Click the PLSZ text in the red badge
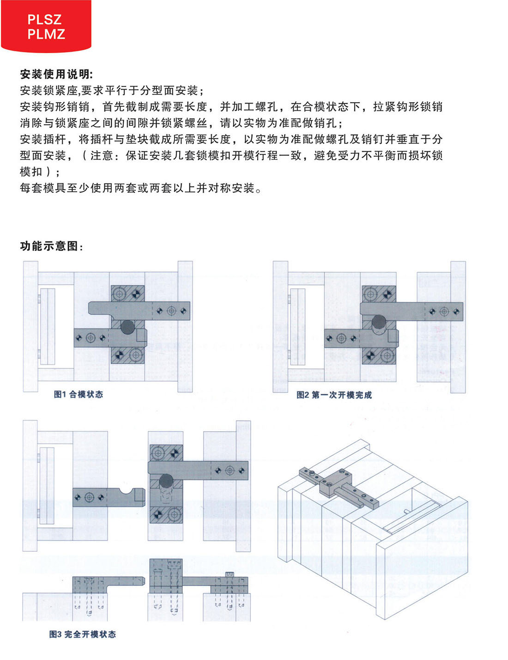[45, 20]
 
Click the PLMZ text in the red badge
[46, 34]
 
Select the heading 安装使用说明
[56, 74]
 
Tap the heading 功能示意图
[51, 246]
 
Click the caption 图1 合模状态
[79, 394]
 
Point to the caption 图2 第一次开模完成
[334, 395]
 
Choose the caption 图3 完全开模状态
[83, 634]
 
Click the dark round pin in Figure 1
[127, 327]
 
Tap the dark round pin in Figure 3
[166, 481]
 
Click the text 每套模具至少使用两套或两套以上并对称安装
[141, 188]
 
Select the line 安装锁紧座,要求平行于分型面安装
[112, 91]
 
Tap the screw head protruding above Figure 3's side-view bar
[230, 574]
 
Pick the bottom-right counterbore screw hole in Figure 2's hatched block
[387, 355]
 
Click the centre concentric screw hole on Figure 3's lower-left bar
[90, 497]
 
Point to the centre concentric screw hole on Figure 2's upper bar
[444, 312]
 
